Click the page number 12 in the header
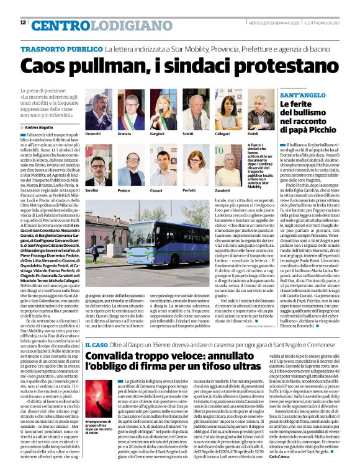click(23, 22)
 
